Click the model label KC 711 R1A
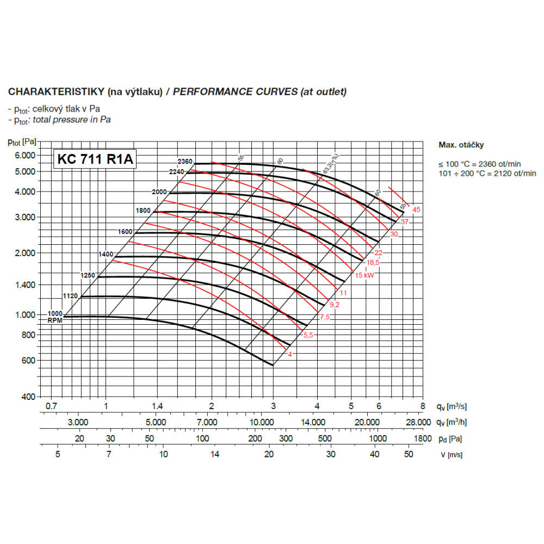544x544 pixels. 94,159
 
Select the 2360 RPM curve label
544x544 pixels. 185,162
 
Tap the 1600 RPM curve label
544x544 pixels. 125,232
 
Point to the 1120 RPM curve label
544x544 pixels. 71,296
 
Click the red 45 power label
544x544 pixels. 417,210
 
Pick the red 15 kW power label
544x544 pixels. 366,275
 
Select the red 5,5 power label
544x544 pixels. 308,335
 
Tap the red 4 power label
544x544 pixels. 290,354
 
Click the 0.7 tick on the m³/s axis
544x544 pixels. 51,406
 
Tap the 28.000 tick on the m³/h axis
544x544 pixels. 418,422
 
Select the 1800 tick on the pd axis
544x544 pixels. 422,438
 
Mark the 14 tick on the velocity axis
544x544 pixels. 216,455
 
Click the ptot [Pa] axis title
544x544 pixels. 22,142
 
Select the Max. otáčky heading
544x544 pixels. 461,145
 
